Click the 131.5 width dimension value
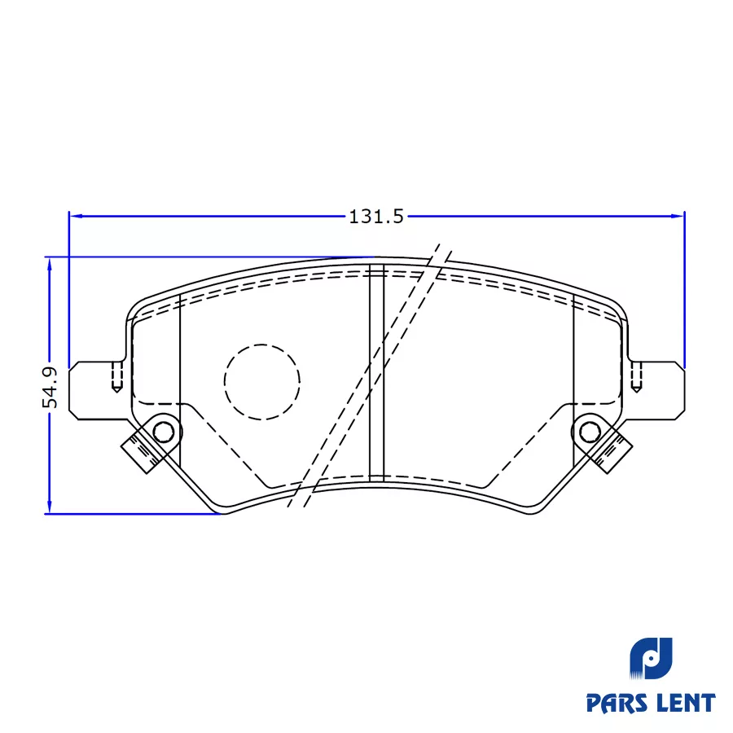pos(376,217)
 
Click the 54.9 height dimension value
pos(50,387)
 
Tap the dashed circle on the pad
pos(262,381)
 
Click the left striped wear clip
pos(139,450)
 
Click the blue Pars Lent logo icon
pos(651,661)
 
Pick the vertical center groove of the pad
pos(376,371)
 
